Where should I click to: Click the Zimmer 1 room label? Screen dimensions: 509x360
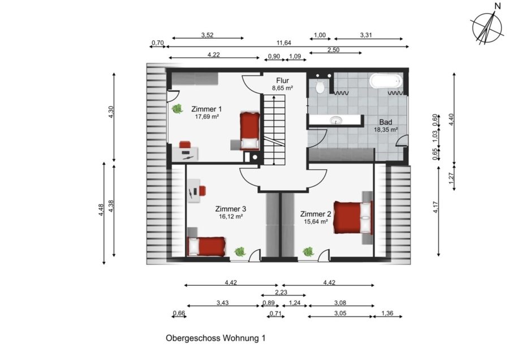(x=206, y=109)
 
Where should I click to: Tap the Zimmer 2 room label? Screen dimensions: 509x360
(x=316, y=214)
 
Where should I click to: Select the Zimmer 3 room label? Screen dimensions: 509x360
(x=231, y=209)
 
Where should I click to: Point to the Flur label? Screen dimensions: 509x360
(x=282, y=80)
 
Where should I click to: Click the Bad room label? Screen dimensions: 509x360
(x=386, y=122)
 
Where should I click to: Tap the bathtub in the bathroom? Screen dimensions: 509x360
(x=386, y=80)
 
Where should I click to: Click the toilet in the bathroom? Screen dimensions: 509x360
(x=320, y=87)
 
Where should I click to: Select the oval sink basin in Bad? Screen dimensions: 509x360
(x=335, y=121)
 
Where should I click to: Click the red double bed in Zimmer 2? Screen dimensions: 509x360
(x=353, y=217)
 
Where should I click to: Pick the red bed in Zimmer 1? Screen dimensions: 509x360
(x=249, y=131)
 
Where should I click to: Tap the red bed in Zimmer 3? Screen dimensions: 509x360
(x=206, y=246)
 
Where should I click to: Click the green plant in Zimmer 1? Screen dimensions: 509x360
(x=177, y=109)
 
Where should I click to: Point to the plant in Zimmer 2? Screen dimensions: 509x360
(x=308, y=251)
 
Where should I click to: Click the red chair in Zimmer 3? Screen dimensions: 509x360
(x=202, y=190)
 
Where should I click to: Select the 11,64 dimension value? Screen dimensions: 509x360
(x=284, y=43)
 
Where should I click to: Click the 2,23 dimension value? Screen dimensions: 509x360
(x=281, y=292)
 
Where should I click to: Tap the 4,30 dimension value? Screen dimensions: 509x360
(x=111, y=112)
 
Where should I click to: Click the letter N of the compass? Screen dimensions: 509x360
(x=498, y=6)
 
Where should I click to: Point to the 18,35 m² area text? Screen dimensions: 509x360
(x=386, y=130)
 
